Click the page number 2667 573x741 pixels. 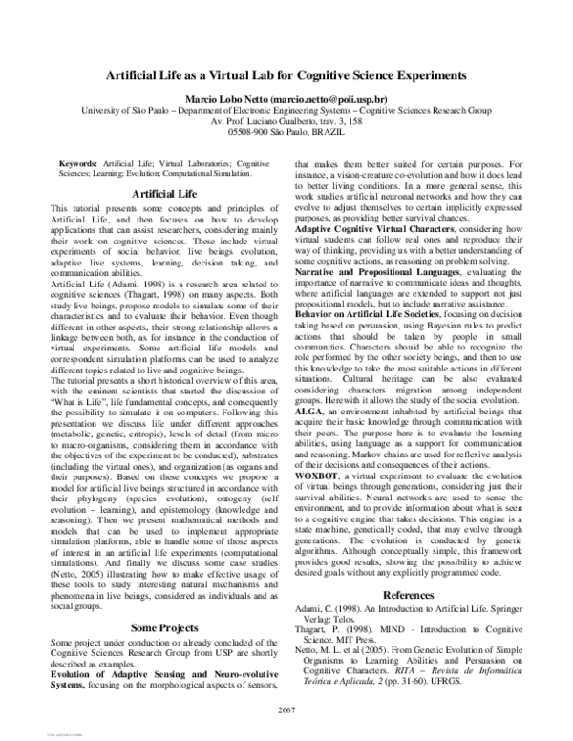(x=286, y=707)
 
